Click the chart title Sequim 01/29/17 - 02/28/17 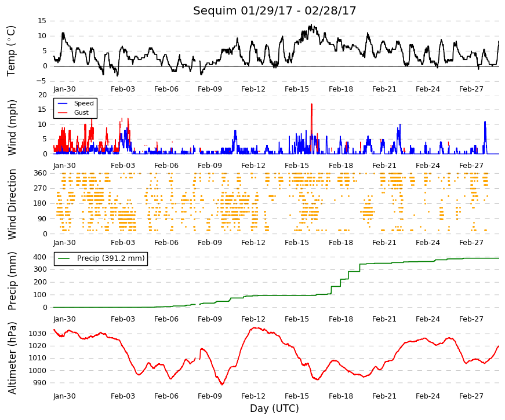click(x=274, y=10)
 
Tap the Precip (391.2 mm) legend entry click(x=101, y=258)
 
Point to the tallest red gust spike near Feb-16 click(x=311, y=104)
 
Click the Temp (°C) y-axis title click(x=11, y=51)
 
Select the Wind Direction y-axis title click(x=12, y=204)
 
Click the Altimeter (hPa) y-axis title click(x=12, y=357)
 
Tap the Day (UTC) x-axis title click(x=274, y=408)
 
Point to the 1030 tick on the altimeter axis click(x=37, y=334)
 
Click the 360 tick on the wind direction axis click(x=41, y=173)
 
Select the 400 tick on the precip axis click(x=40, y=257)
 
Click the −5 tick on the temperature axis click(x=41, y=81)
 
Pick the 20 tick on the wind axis click(x=42, y=95)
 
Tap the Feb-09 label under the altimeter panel click(x=210, y=396)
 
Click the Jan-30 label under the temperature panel click(x=64, y=89)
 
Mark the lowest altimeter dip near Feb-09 click(x=222, y=384)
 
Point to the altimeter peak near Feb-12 click(x=255, y=328)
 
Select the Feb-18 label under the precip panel click(x=341, y=319)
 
